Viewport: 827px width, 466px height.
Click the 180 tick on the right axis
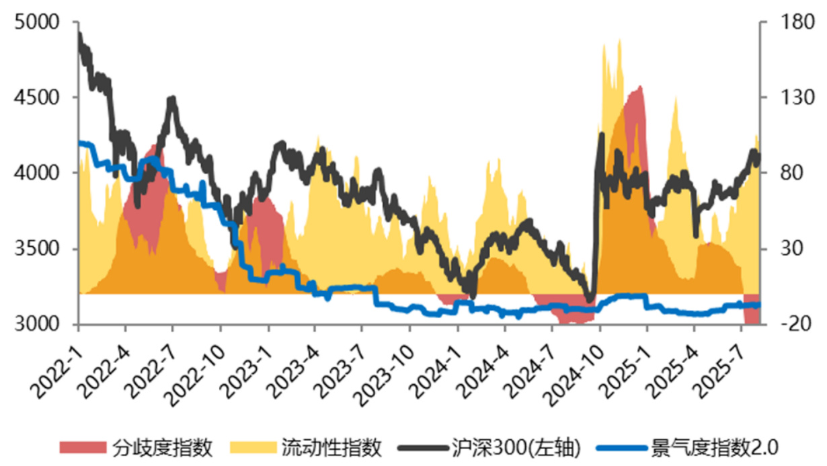(x=784, y=22)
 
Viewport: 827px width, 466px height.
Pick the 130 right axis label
(x=784, y=98)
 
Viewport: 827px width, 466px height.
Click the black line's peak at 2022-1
(x=79, y=34)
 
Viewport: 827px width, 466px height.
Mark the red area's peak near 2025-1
(x=639, y=87)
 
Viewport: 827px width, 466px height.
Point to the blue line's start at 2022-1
(x=80, y=143)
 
